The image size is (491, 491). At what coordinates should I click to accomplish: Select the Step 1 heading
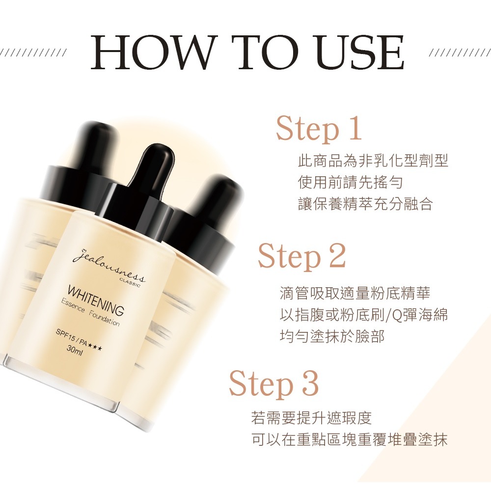(x=319, y=129)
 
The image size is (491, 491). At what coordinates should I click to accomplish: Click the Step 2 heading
(x=301, y=256)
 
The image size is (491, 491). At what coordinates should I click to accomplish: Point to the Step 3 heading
(x=273, y=384)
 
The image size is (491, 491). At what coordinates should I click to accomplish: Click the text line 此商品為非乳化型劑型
(x=373, y=161)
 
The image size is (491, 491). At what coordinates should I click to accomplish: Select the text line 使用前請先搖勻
(x=351, y=183)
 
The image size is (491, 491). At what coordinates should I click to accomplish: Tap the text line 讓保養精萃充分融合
(x=365, y=204)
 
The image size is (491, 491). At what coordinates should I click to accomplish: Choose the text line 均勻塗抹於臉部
(x=331, y=337)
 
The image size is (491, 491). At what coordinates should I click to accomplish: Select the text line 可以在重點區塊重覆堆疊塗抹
(x=349, y=440)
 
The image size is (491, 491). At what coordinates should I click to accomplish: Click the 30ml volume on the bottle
(x=74, y=351)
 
